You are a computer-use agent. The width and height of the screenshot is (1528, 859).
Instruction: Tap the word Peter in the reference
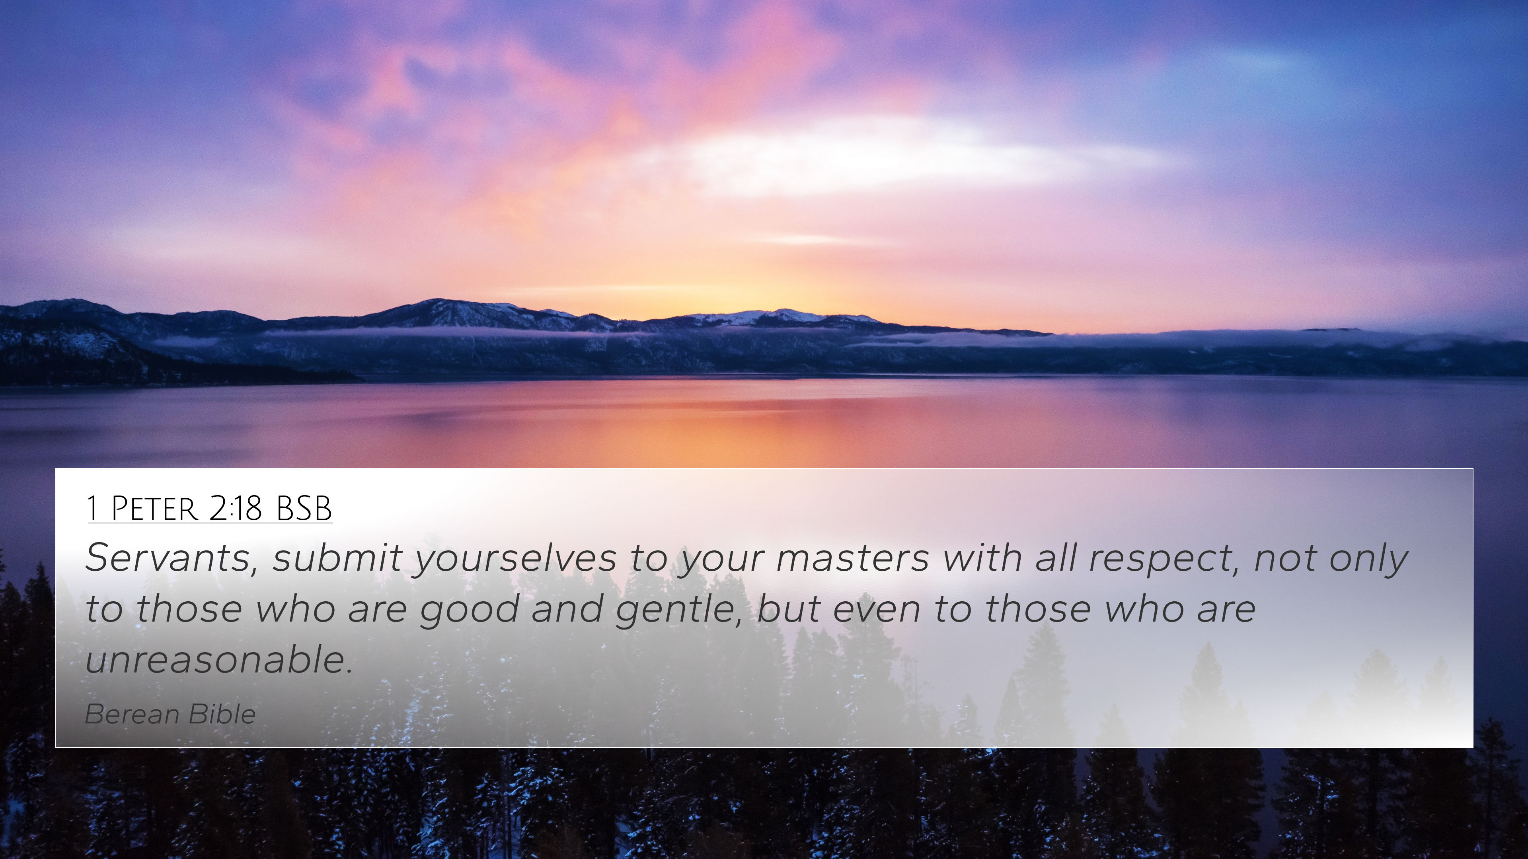(154, 509)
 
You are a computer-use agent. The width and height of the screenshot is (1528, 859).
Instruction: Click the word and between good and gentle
(567, 609)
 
